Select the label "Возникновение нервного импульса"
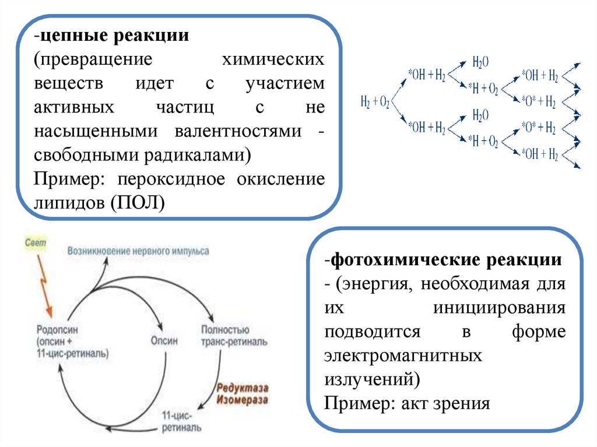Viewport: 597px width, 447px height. click(138, 251)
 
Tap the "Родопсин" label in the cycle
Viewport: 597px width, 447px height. click(57, 330)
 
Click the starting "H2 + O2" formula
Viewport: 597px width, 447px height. click(375, 103)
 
